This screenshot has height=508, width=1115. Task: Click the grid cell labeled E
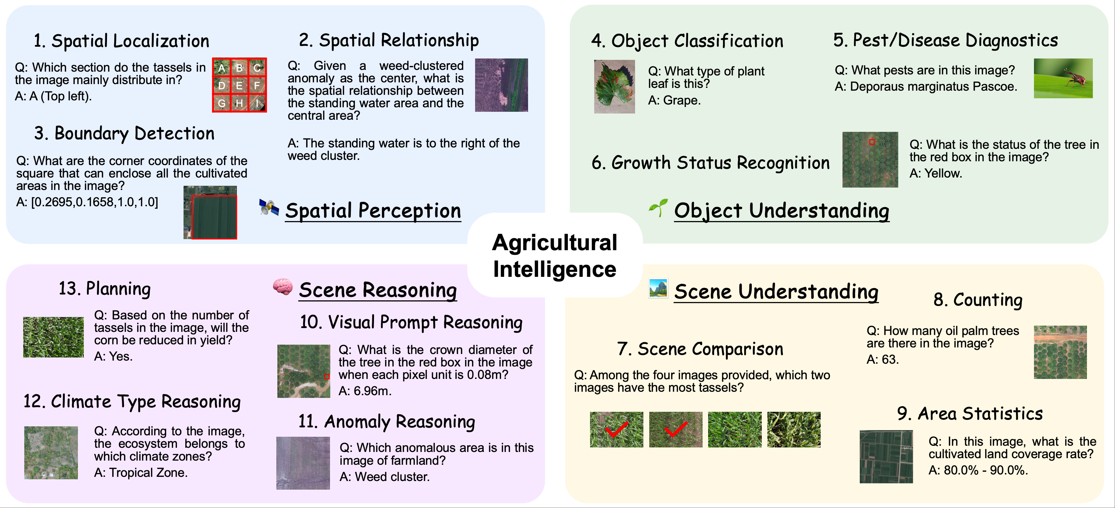(x=239, y=85)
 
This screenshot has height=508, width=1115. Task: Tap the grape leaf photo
(x=614, y=87)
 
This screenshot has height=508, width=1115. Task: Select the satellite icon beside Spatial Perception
(x=269, y=207)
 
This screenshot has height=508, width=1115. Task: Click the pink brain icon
(x=283, y=287)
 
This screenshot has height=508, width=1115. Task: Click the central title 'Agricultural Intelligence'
(x=554, y=255)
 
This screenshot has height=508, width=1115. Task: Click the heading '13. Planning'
(x=105, y=289)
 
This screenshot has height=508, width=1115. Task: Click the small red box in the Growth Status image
(x=872, y=142)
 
